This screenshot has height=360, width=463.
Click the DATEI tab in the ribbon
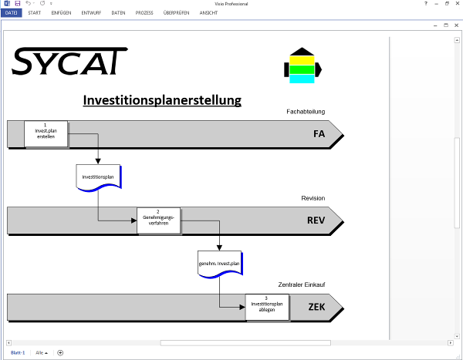pos(12,13)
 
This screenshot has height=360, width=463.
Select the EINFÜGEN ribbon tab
pos(61,13)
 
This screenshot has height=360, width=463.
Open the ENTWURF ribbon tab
pos(91,13)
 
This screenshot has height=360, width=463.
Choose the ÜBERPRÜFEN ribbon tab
pos(176,13)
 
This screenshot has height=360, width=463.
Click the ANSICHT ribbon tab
pos(208,13)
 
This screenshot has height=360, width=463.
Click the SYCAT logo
pos(69,61)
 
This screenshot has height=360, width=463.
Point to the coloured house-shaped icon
pos(302,65)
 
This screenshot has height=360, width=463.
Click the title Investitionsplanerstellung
pos(161,100)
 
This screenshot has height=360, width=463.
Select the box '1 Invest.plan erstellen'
pos(46,134)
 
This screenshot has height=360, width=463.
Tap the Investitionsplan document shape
pos(98,177)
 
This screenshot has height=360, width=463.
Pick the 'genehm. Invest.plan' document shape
pos(220,264)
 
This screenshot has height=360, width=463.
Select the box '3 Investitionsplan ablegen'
pos(267,307)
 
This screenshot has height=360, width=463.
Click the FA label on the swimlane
pos(319,134)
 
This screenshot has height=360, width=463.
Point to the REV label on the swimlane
pos(316,220)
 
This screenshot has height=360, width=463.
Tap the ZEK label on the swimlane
pos(316,307)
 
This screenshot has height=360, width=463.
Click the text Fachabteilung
pos(306,112)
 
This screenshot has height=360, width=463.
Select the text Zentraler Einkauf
pos(302,284)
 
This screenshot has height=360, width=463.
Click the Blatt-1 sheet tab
pos(18,352)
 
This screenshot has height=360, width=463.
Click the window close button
pos(457,4)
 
